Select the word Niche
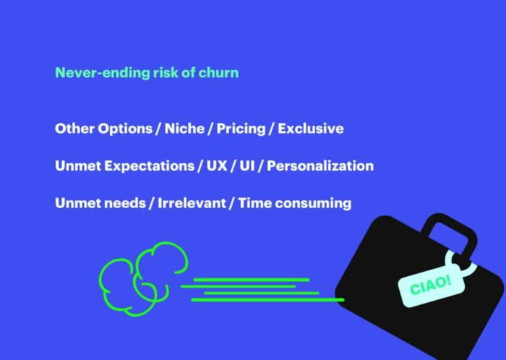[x=184, y=129]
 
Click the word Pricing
[x=241, y=129]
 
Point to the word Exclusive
[x=311, y=129]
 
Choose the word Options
[x=125, y=129]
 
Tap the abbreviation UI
[x=247, y=166]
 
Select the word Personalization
[x=320, y=166]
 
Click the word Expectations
[x=150, y=166]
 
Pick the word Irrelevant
[x=192, y=203]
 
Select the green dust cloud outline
[x=143, y=279]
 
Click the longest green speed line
[x=268, y=300]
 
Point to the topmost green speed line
[x=252, y=280]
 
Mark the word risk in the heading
[x=166, y=72]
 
